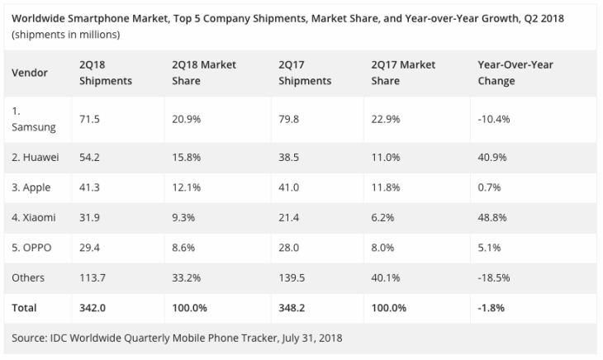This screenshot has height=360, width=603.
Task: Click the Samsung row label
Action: click(34, 118)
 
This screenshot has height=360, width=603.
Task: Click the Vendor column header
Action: click(29, 73)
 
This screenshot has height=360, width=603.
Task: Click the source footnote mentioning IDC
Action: click(177, 338)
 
